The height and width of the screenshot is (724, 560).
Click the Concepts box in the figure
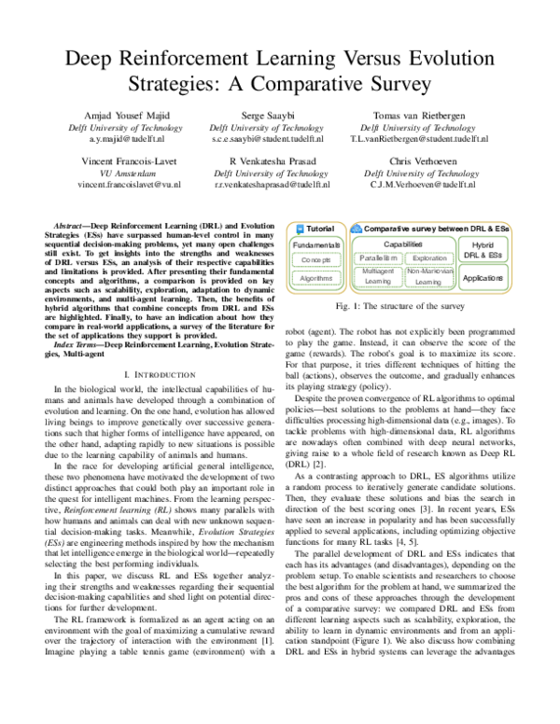pyautogui.click(x=315, y=259)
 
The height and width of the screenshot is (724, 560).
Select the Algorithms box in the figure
pyautogui.click(x=315, y=277)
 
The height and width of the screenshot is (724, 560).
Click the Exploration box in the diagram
pyautogui.click(x=429, y=257)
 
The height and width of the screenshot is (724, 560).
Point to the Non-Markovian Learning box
pyautogui.click(x=429, y=276)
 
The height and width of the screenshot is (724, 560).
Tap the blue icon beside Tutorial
pyautogui.click(x=299, y=229)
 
